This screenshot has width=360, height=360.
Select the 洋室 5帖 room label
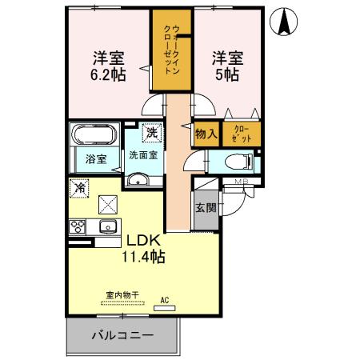click(226, 66)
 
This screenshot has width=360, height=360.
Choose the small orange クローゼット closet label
click(242, 134)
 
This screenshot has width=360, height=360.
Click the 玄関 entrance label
click(205, 207)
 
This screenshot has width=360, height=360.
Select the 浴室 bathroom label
click(97, 158)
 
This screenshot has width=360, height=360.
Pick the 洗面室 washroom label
click(144, 155)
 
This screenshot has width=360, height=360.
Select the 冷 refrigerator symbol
click(79, 188)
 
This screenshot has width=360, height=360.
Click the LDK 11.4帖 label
click(143, 248)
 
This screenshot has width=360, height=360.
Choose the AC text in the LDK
click(166, 300)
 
